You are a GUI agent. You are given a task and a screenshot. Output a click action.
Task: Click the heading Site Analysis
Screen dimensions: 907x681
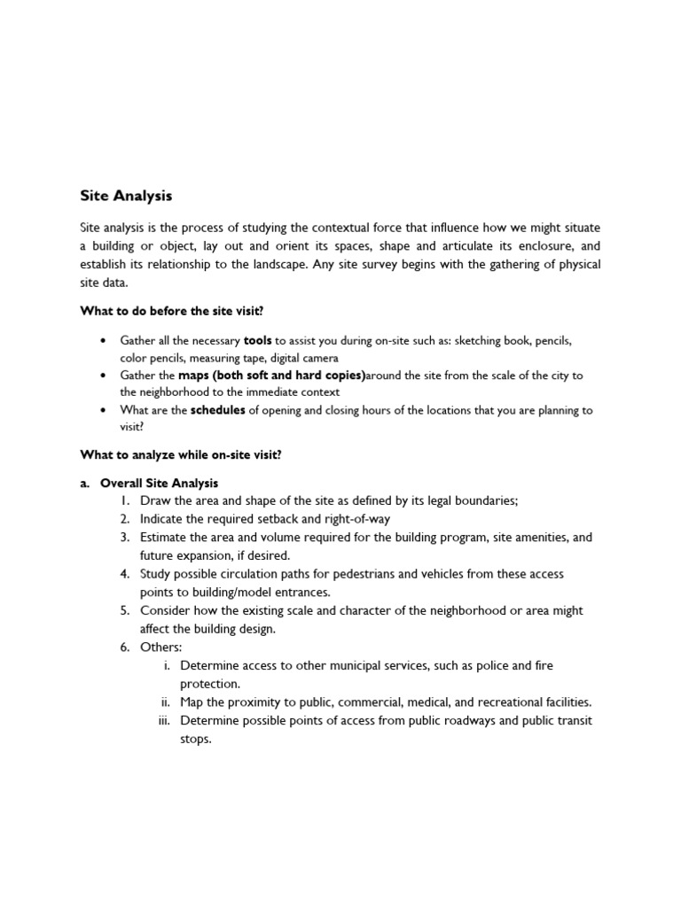tap(126, 195)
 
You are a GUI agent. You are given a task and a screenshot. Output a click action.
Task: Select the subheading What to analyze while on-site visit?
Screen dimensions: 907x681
tap(181, 455)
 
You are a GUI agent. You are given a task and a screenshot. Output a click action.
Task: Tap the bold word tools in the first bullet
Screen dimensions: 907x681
tap(258, 340)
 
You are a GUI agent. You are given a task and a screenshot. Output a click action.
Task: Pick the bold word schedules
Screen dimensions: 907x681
tap(218, 410)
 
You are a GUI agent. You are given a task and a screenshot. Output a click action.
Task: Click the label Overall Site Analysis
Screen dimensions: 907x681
tap(159, 484)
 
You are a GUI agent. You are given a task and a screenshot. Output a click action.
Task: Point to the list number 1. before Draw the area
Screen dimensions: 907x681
tap(127, 501)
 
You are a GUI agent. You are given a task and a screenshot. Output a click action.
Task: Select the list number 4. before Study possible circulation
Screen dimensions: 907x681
tap(127, 574)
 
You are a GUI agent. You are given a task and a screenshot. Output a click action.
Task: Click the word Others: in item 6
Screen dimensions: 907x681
tap(160, 647)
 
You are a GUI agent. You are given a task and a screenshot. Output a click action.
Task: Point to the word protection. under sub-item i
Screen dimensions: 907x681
tap(209, 684)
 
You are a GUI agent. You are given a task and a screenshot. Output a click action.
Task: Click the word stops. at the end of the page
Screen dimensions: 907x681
tap(196, 739)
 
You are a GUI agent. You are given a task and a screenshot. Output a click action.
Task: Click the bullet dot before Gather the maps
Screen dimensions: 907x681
tap(104, 376)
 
